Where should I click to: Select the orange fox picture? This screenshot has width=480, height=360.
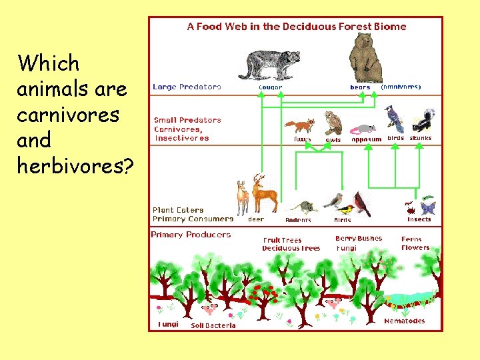[300, 127]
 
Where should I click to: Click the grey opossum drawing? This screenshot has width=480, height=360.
[363, 129]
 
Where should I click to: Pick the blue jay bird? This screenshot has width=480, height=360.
[395, 120]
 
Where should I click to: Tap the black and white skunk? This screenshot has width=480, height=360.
[423, 121]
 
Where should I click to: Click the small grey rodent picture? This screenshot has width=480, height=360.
[299, 207]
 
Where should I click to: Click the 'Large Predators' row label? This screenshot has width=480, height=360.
[187, 87]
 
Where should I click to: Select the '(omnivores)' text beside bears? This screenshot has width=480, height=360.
[400, 87]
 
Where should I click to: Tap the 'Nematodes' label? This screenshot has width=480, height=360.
[404, 321]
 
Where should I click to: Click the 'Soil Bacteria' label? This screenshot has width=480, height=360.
[213, 325]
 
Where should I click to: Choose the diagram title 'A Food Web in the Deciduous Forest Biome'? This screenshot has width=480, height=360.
[296, 27]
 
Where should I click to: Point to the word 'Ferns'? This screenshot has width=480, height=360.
[412, 239]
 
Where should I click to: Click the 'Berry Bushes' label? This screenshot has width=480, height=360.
[359, 239]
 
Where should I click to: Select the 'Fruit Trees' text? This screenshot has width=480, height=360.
[282, 240]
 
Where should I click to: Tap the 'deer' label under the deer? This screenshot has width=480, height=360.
[255, 219]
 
